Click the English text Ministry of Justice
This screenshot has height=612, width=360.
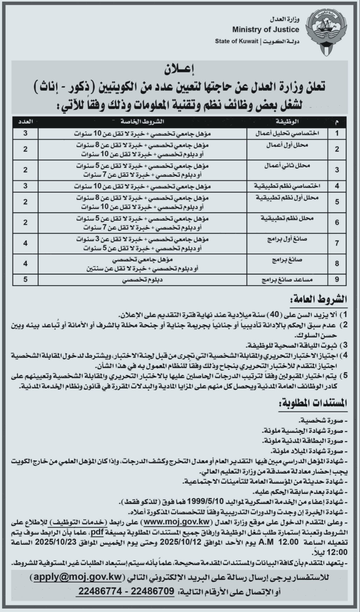point(266,29)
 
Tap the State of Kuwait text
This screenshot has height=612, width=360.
point(236,41)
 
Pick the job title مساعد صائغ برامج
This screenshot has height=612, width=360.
point(283,280)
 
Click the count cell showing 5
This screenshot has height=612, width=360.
point(26,279)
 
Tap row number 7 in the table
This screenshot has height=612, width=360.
point(337,243)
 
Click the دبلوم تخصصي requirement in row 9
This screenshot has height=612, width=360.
point(143,280)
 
